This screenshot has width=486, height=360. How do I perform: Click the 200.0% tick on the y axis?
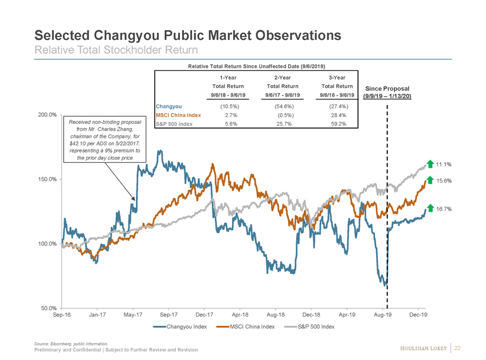tap(46, 115)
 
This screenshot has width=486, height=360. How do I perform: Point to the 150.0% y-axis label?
tap(46, 179)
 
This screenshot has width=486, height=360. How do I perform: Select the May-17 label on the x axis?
tap(133, 315)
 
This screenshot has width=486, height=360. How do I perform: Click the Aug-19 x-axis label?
tap(382, 315)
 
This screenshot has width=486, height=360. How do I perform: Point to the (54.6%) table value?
tap(285, 106)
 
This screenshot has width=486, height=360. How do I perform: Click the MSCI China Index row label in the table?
tap(179, 115)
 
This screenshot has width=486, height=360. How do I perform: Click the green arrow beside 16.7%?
tap(430, 208)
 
